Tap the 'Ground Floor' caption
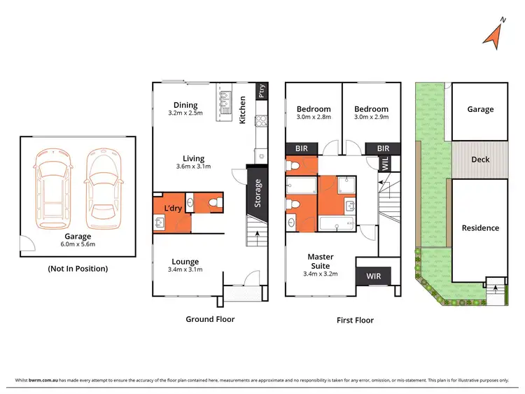209,319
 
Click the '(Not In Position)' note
77,268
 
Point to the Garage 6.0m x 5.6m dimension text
77,244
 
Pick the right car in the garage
101,186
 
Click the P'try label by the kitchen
261,91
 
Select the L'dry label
172,209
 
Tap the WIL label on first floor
385,164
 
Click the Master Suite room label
321,261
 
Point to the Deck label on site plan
480,160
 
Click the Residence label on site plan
480,227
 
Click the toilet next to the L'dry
214,204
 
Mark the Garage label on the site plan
480,109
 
